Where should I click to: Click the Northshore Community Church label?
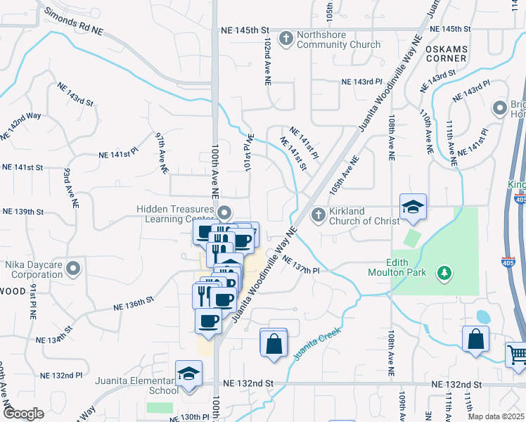click(338, 39)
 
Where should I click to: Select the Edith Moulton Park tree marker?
click(444, 272)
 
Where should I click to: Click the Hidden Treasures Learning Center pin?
click(224, 212)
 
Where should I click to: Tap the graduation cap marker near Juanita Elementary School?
click(188, 373)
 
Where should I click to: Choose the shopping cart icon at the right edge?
click(517, 353)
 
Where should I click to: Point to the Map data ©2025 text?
click(496, 416)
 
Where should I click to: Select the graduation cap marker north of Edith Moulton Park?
click(413, 207)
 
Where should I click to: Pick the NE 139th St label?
click(23, 212)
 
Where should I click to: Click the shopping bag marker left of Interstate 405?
click(476, 338)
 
